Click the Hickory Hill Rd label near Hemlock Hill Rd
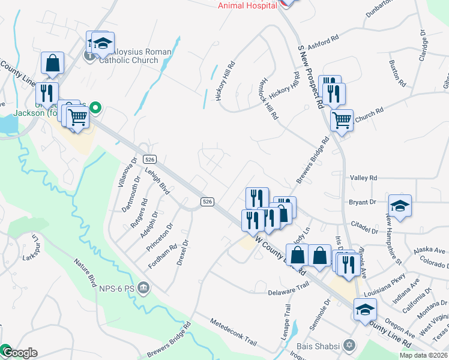click(284, 91)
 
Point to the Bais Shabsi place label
click(318, 346)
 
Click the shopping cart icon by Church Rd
click(342, 120)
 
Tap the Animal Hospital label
click(247, 5)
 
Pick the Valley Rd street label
click(363, 178)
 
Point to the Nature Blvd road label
click(85, 273)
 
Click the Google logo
click(19, 353)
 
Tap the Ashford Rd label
click(323, 46)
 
